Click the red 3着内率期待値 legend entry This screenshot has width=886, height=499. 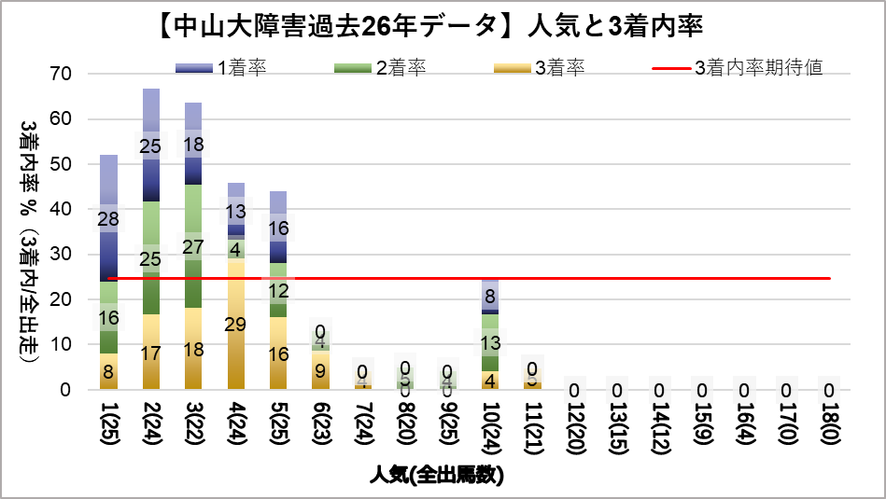click(738, 68)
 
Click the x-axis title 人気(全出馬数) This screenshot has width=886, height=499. click(437, 475)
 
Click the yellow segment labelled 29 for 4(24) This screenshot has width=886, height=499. click(236, 324)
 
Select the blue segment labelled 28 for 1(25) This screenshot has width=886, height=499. click(109, 218)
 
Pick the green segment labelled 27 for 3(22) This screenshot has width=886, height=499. click(194, 246)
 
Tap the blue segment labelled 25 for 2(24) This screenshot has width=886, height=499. click(151, 146)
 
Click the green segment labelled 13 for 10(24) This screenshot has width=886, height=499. click(492, 343)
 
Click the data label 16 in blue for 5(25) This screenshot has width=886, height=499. click(279, 228)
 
